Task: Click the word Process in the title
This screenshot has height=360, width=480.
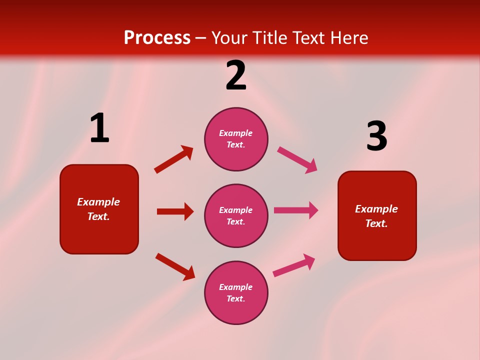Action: click(x=157, y=38)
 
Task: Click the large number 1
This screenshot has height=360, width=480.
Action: click(x=99, y=128)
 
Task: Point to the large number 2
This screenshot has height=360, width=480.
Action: click(x=236, y=75)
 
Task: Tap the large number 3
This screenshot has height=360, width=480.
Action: click(x=376, y=136)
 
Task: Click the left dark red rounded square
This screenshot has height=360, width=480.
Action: click(x=99, y=209)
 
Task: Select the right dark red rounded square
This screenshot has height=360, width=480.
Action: click(x=377, y=215)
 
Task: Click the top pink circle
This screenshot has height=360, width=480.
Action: click(x=236, y=139)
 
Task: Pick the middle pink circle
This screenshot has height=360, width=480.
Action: click(x=236, y=215)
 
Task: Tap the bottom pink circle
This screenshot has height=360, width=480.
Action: click(x=236, y=292)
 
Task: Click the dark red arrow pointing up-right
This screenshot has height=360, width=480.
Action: click(x=173, y=159)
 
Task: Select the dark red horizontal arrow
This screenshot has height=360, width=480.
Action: click(x=175, y=211)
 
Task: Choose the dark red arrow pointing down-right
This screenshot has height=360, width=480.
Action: click(x=175, y=266)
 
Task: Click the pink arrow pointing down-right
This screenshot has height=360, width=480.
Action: click(x=297, y=160)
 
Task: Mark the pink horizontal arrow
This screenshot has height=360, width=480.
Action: click(x=296, y=210)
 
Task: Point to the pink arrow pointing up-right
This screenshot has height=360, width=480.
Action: click(x=294, y=265)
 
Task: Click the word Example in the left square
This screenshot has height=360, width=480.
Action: click(x=98, y=202)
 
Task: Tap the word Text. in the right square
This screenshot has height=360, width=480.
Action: click(x=376, y=223)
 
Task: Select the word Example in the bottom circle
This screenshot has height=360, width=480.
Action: click(x=236, y=287)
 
